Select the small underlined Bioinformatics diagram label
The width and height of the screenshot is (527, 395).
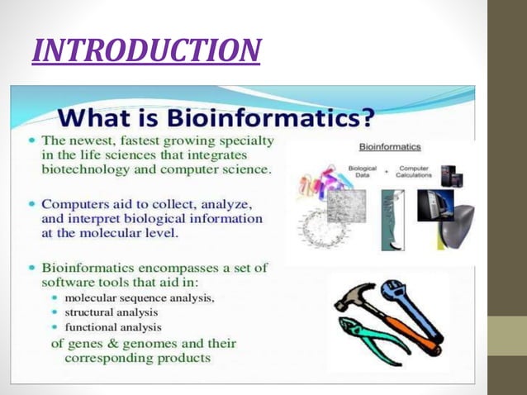[390, 147]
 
